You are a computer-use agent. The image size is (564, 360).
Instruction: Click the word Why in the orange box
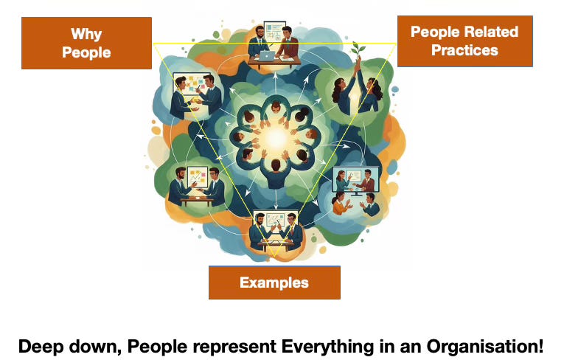[x=86, y=34]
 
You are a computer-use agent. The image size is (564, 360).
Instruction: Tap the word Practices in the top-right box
[x=464, y=50]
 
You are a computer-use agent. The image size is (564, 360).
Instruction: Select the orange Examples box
[x=274, y=283]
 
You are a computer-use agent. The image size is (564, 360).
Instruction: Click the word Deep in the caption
[x=38, y=345]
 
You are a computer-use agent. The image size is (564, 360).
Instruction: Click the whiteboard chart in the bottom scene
[x=274, y=221]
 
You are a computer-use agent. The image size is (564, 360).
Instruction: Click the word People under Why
[x=86, y=52]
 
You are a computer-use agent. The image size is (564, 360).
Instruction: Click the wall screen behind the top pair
[x=275, y=32]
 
